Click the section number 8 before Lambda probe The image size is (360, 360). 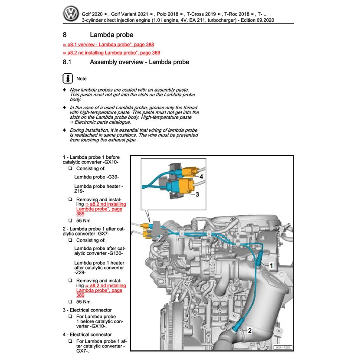pos(65,35)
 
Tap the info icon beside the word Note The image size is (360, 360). pos(68,79)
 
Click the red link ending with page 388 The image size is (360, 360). pos(108,44)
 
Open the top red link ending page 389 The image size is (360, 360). pos(111,53)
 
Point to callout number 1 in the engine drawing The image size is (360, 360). pos(272,265)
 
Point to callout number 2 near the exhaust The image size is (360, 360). pos(249,331)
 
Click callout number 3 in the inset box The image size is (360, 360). pos(197,195)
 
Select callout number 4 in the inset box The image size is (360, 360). pos(201,177)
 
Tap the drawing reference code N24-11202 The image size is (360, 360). pos(283,347)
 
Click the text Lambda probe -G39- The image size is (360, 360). pos(96,177)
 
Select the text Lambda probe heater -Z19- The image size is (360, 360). pos(98,189)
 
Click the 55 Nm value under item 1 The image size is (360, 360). pos(83,220)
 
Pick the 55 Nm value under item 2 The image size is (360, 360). pos(83,301)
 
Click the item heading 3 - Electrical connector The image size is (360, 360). pos(87,310)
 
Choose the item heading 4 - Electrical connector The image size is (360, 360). pos(87,334)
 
